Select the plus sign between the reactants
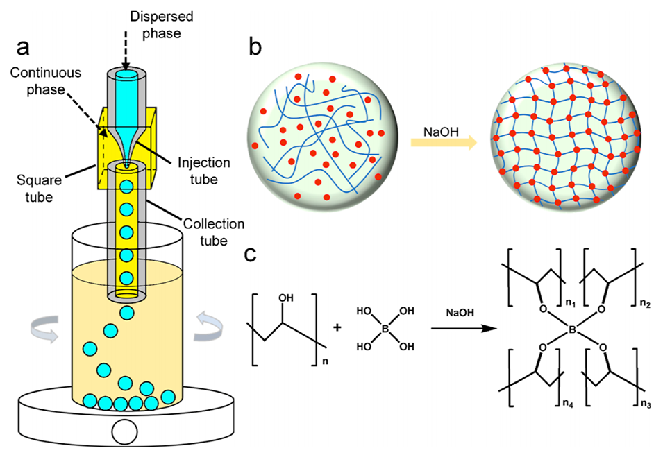tap(338, 326)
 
